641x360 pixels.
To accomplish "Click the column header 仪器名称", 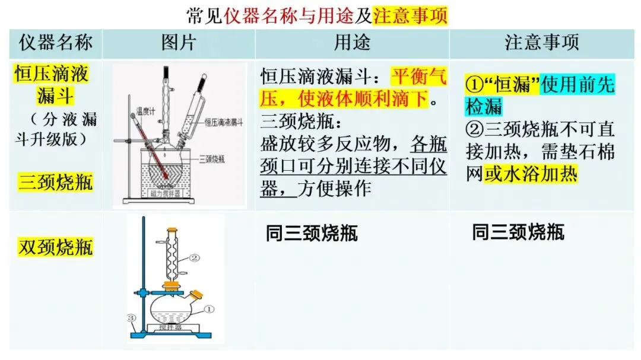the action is pos(55,43).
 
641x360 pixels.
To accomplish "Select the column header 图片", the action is pos(178,43).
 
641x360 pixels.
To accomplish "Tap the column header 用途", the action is pos(352,43).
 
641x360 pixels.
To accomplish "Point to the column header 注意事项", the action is pos(541,43).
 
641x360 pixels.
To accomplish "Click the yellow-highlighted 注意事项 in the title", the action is pos(410,15).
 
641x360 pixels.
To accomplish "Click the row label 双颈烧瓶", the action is pos(55,247).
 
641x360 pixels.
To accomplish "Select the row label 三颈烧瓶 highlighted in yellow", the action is pos(55,181).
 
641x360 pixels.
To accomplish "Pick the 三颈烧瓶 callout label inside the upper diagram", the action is pos(211,158).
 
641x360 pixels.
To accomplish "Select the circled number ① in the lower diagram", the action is pos(208,309).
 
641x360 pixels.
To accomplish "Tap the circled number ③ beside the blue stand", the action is pos(132,318).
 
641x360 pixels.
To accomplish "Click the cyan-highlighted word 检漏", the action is pos(484,107).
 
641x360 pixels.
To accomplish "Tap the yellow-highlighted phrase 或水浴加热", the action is pos(530,174).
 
